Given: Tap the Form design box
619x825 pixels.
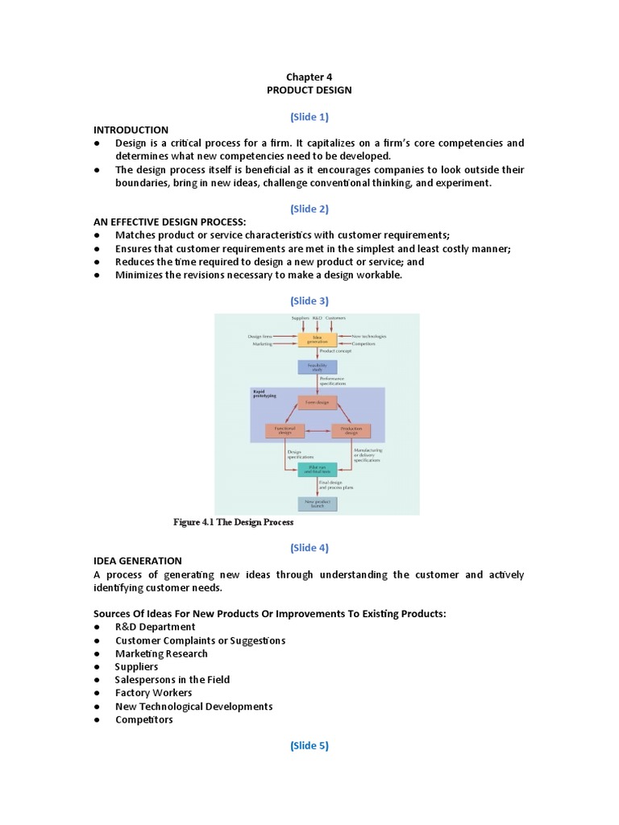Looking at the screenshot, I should point(317,402).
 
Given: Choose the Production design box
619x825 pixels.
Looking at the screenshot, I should point(351,431).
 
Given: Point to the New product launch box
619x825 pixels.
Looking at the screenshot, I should point(317,504).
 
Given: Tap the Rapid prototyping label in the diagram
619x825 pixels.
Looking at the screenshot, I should point(264,393).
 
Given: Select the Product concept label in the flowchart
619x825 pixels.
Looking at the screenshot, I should point(334,352).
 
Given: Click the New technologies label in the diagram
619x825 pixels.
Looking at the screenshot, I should point(368,336).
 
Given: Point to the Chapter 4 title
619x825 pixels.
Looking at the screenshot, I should point(309,77).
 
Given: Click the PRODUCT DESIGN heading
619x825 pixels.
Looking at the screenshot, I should point(309,90).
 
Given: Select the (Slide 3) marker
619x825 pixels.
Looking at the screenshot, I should point(309,301).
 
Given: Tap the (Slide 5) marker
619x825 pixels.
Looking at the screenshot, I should point(309,745).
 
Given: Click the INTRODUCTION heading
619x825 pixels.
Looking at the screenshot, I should point(131,130).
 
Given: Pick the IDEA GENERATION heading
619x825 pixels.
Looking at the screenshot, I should point(137,561).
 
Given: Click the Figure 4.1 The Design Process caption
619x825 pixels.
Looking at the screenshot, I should point(234,522).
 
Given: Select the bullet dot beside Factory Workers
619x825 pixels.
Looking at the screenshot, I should point(97,693).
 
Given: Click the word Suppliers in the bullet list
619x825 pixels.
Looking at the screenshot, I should point(136,666).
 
